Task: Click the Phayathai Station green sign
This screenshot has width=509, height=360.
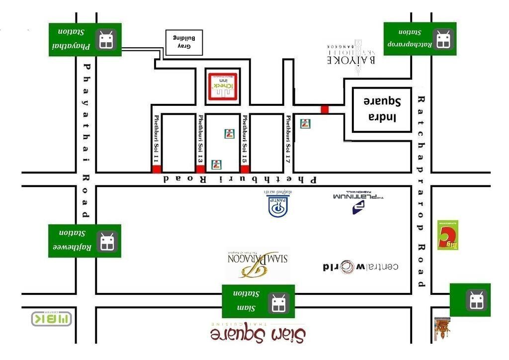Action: tap(85, 39)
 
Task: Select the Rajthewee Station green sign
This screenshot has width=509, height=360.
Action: tap(85, 241)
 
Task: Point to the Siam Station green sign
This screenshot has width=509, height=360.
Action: tap(258, 301)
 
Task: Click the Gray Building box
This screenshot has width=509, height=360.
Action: tap(184, 43)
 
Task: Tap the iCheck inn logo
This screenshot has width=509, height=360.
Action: tap(223, 87)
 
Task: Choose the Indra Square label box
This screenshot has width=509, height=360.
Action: tap(382, 110)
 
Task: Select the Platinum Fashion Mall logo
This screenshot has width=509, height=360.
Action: tap(358, 201)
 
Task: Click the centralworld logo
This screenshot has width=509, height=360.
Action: tap(360, 267)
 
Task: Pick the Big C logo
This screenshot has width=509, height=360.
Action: tap(447, 235)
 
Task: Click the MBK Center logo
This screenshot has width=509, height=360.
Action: tap(51, 319)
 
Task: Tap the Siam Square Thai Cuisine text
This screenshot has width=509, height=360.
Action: tap(257, 332)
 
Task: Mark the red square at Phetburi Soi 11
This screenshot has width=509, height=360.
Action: tap(156, 169)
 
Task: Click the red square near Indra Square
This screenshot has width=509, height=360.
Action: tap(325, 109)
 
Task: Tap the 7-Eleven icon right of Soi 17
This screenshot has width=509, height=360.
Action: tap(306, 124)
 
